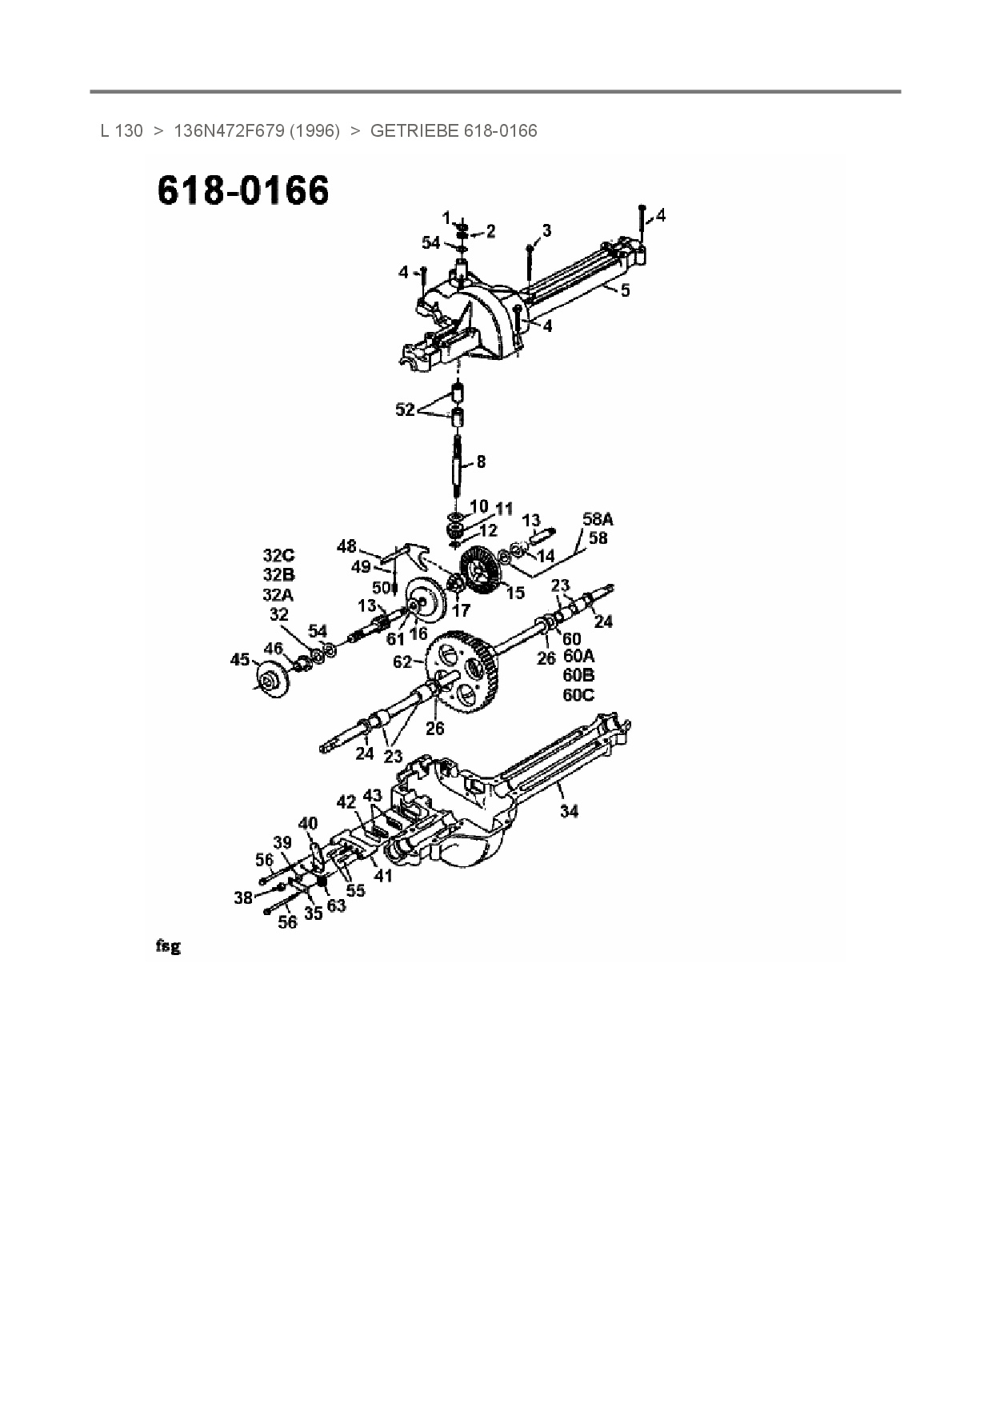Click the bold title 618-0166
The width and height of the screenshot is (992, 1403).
click(242, 190)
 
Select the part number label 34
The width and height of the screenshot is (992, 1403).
click(569, 811)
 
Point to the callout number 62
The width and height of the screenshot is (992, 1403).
click(403, 662)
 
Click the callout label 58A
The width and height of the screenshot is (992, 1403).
click(598, 519)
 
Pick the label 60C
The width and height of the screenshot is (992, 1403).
click(578, 695)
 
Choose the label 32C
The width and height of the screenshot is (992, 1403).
click(278, 555)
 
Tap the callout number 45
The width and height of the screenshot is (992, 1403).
click(240, 660)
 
